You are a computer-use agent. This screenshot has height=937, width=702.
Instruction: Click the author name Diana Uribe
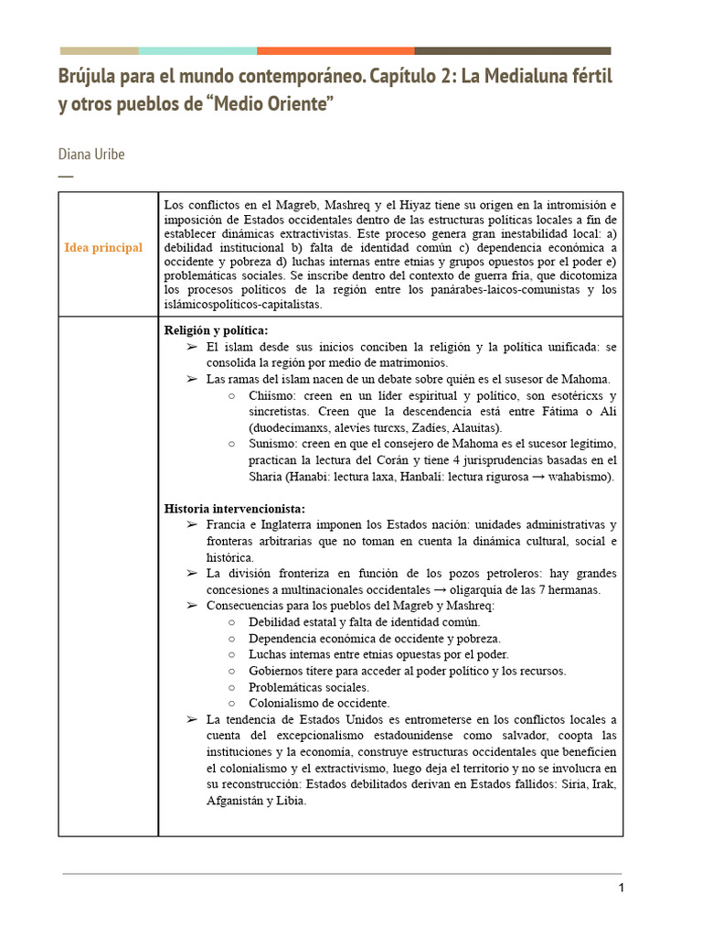(91, 154)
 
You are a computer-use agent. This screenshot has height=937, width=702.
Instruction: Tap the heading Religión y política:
(217, 330)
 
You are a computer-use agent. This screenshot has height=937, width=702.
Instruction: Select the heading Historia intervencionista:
(235, 508)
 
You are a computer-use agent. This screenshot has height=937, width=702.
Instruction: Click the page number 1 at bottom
(621, 889)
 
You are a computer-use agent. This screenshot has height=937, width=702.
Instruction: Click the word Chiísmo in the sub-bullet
(272, 395)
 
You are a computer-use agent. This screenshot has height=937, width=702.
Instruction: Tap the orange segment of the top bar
(335, 51)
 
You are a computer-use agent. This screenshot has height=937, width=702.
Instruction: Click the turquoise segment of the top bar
(197, 51)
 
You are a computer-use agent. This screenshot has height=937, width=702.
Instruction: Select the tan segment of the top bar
(99, 51)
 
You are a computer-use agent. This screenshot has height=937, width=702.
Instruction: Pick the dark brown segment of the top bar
(512, 51)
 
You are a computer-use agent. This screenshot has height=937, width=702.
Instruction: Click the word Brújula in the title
(89, 76)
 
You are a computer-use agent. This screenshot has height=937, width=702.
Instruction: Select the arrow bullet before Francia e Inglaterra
(191, 525)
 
